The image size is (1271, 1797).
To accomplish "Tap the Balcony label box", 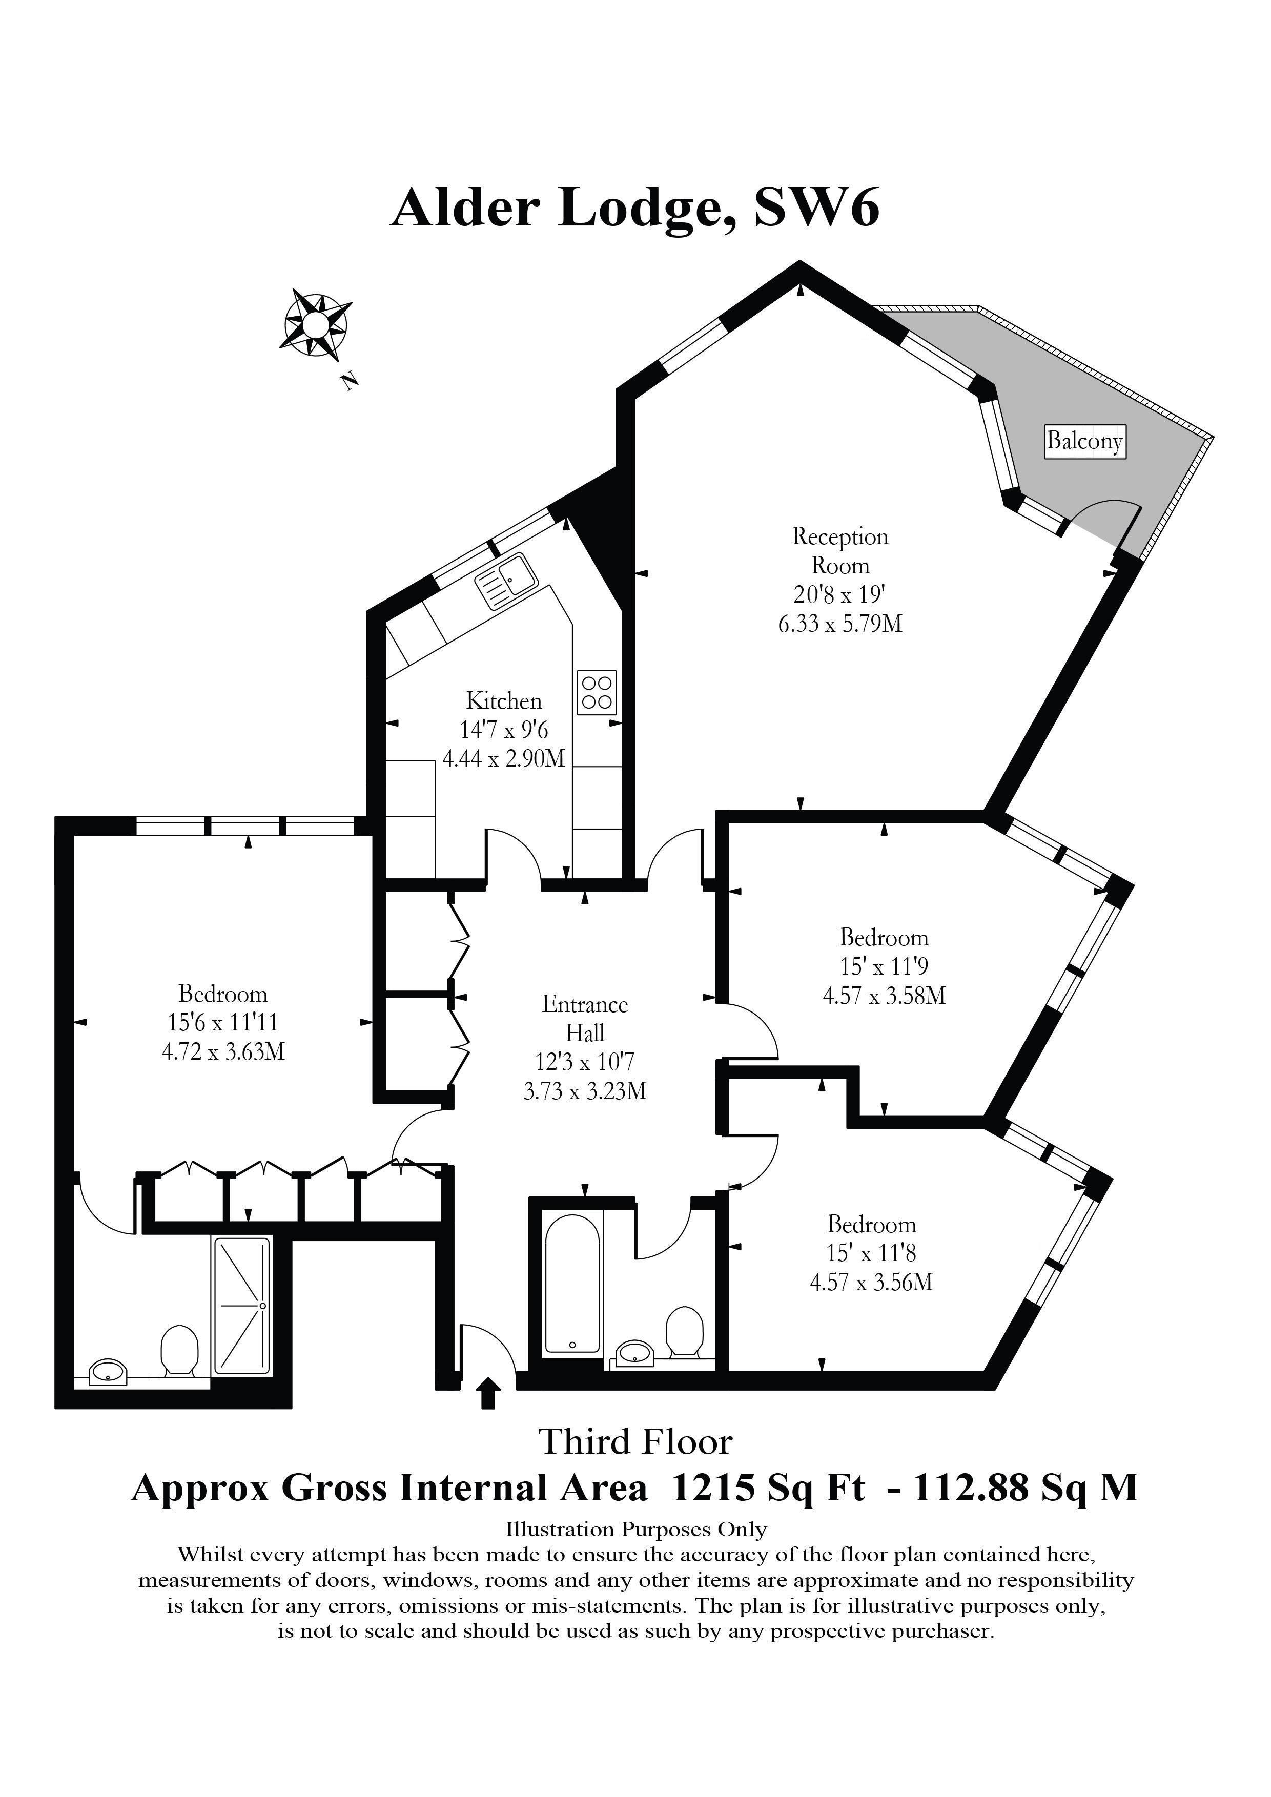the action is [x=1085, y=441].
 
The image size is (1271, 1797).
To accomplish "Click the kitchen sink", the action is [x=506, y=581].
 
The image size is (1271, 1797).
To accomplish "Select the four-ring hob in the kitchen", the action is [x=597, y=692].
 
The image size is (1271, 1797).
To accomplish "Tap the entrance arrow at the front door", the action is [x=488, y=1393].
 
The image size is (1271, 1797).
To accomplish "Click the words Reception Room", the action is [x=840, y=550].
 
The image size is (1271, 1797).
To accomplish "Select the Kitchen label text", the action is [x=504, y=700].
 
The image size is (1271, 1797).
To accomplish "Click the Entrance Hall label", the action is [x=585, y=1018].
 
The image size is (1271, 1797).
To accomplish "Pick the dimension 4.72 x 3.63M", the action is [x=223, y=1051].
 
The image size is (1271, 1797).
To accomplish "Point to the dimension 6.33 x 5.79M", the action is [x=840, y=624].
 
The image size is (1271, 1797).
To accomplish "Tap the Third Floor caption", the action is [x=635, y=1442].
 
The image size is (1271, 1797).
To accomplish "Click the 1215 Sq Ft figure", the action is [x=769, y=1487].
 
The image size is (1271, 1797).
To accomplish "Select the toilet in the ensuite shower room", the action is [x=179, y=1350].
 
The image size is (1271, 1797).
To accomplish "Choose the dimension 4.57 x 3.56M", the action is [x=872, y=1282].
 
